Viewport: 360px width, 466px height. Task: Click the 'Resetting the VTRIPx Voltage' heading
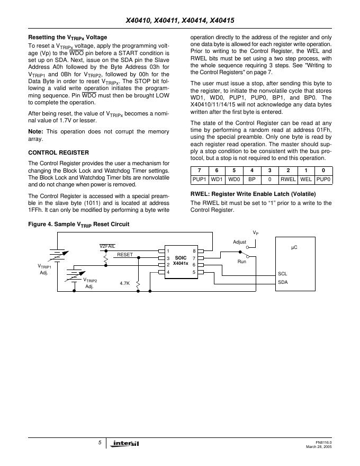coord(67,38)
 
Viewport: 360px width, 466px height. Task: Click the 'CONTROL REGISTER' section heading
coord(58,153)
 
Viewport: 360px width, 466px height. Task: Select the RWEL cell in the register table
coord(288,180)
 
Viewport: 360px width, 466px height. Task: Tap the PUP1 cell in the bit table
coord(199,180)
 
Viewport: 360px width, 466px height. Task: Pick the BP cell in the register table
coord(252,180)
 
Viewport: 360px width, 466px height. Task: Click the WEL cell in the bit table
coord(306,180)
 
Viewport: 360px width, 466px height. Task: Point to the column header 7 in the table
coord(199,171)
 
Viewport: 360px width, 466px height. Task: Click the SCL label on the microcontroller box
coord(282,274)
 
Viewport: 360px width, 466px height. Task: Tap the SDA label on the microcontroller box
coord(283,282)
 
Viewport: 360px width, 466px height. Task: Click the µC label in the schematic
coord(294,247)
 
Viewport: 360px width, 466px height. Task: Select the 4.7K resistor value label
coord(125,283)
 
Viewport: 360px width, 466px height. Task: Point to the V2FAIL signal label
coord(107,247)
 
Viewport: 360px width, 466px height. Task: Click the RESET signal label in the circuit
coord(125,255)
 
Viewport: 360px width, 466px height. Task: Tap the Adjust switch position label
coord(240,242)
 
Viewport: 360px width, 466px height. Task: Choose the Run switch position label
coord(242,262)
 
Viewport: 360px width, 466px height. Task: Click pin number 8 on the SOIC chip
coord(194,250)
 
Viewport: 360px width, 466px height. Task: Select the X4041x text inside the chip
coord(181,263)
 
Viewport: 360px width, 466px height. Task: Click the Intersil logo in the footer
coord(123,443)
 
